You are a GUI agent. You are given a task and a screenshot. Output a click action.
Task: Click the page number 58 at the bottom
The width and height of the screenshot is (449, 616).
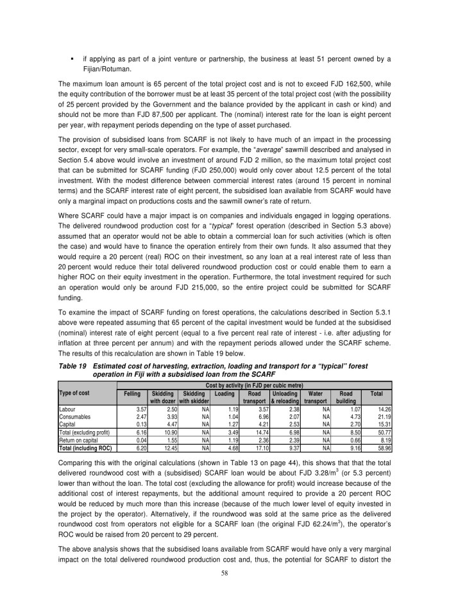[x=224, y=590]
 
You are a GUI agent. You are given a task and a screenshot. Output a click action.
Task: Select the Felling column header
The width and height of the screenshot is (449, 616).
[x=132, y=392]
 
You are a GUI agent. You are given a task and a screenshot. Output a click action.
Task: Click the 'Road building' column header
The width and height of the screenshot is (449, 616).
[x=345, y=396]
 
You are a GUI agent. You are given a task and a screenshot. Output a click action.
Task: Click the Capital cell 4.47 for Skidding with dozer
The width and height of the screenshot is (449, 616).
[x=169, y=424]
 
